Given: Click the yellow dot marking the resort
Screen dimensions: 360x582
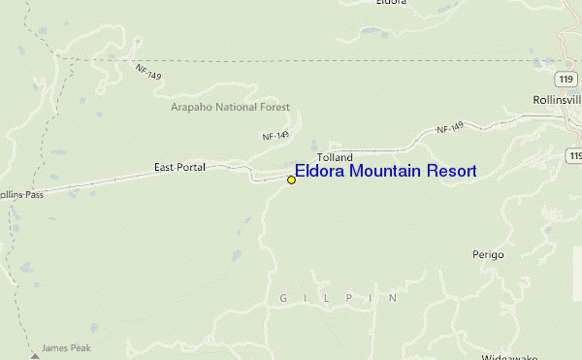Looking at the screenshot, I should click(x=291, y=180).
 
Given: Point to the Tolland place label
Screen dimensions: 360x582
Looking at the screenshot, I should click(x=335, y=157).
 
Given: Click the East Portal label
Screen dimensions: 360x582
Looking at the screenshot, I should click(x=179, y=168).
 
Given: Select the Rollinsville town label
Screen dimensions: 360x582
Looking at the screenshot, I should click(x=557, y=100).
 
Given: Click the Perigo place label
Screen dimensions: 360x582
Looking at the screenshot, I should click(x=489, y=254).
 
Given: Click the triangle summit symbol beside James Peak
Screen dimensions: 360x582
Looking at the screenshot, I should click(x=36, y=355).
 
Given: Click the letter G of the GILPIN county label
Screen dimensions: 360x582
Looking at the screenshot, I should click(x=283, y=299).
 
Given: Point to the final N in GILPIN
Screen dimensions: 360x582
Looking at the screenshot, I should click(x=393, y=299).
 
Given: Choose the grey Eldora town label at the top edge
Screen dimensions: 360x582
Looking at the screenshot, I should click(x=390, y=3).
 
